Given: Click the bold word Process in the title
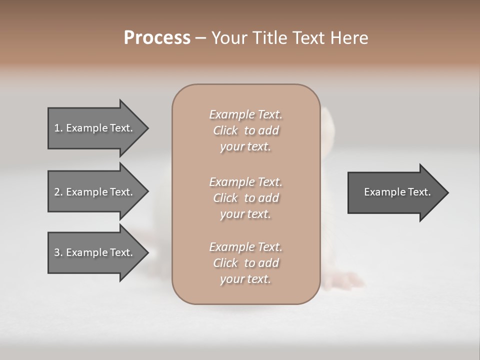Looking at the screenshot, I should [x=157, y=38].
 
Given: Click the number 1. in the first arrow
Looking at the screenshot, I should [x=58, y=128].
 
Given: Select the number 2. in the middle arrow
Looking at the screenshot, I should [x=58, y=192].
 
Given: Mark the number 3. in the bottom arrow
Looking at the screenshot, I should [x=58, y=252].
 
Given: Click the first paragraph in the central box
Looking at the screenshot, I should [x=245, y=130].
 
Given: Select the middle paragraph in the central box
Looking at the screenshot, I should [x=245, y=198].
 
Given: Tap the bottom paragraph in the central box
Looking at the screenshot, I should [x=245, y=263].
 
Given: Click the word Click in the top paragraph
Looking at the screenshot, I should [x=225, y=130].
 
